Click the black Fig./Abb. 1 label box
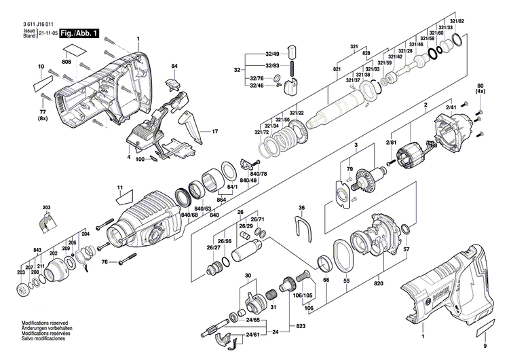coord(77,33)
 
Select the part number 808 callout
coord(67,62)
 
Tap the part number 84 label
coord(174,66)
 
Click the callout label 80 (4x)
coord(481,88)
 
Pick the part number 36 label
coord(302,208)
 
